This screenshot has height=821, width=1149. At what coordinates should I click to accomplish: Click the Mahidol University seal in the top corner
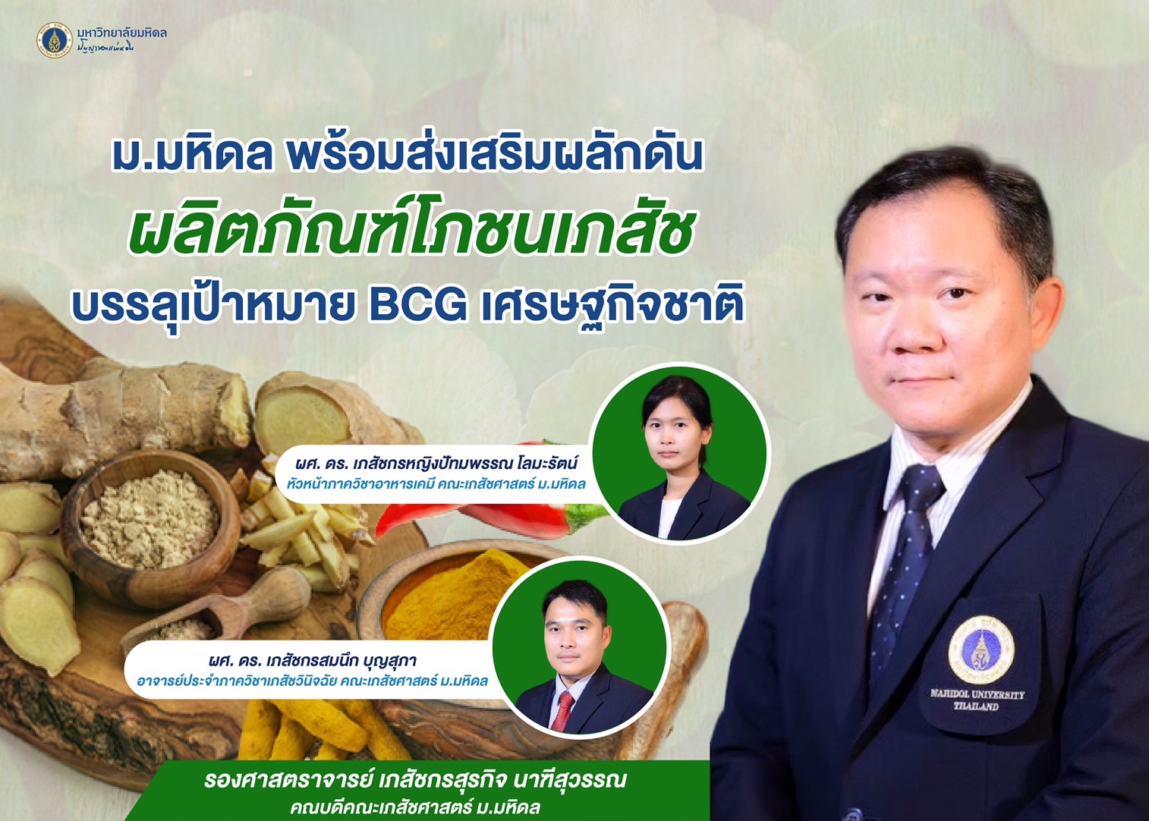55,40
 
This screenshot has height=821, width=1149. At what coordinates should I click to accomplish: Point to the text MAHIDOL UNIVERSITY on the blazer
977,694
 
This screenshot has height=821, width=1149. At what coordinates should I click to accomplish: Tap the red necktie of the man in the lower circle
562,711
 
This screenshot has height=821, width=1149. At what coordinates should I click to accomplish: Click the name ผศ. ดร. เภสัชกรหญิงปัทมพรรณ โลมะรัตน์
436,464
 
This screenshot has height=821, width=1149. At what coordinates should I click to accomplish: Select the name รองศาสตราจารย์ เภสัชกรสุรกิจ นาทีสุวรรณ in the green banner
415,780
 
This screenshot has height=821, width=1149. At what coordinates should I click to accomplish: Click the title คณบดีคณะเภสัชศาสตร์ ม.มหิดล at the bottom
415,807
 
